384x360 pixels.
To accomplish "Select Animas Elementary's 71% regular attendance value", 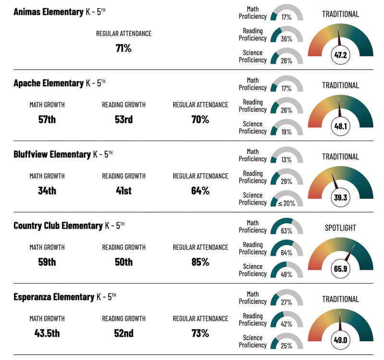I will (123, 48).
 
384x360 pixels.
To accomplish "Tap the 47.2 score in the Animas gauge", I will (340, 55).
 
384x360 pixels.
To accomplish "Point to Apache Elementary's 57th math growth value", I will (47, 120).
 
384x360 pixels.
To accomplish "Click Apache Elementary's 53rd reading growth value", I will (123, 120).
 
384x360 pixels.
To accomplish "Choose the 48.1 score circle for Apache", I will (340, 126).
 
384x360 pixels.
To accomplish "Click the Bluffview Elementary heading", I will (52, 154).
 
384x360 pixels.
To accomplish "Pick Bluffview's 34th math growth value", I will (47, 191).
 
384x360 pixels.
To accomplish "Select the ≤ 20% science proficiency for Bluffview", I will (287, 202).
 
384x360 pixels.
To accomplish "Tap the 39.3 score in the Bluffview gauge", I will (340, 197).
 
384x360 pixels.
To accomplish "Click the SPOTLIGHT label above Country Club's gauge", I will (340, 228).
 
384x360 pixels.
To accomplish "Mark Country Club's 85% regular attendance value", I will (200, 262).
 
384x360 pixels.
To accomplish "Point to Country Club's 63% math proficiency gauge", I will (287, 226).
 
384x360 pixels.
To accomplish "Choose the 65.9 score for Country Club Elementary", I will (340, 269).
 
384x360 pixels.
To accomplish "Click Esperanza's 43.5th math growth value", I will (47, 333).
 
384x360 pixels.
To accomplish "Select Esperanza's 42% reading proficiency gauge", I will (287, 320).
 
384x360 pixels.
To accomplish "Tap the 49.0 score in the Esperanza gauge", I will (340, 340).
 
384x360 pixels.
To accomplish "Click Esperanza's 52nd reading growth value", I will (123, 333).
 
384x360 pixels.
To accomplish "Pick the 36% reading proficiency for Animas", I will (287, 36).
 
